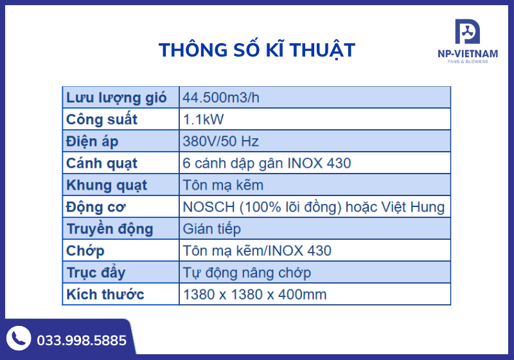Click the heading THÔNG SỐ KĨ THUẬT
click(256, 50)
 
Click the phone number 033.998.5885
click(82, 341)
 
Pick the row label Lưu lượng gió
click(116, 98)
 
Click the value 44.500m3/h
click(221, 98)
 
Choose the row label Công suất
click(102, 120)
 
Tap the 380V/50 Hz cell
click(220, 141)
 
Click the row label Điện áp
click(93, 141)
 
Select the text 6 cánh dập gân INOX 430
click(267, 163)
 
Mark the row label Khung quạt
click(107, 185)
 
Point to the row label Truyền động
click(110, 229)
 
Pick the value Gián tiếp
click(211, 229)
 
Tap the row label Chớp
click(85, 251)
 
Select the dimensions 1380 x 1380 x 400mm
click(254, 294)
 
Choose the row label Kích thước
click(105, 294)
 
